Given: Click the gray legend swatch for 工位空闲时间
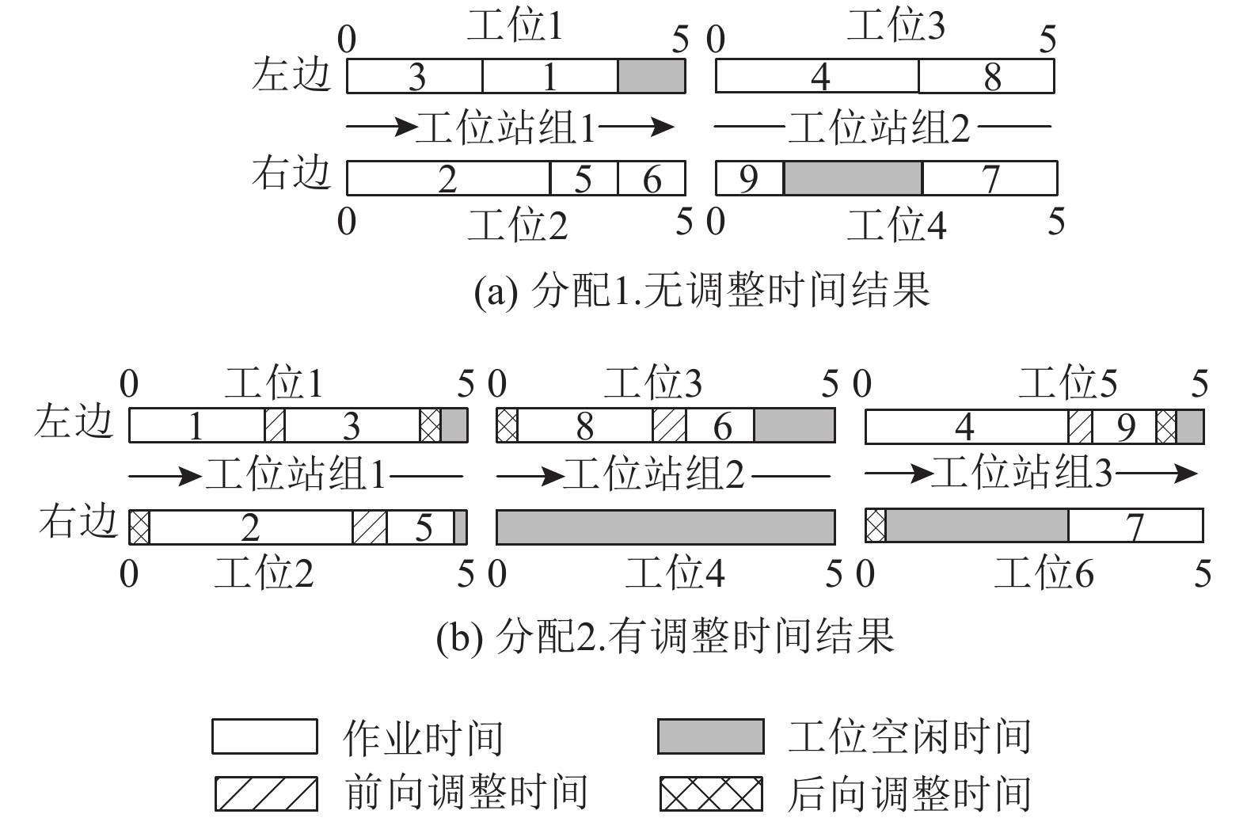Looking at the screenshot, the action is click(710, 736).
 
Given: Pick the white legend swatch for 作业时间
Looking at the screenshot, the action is click(264, 736).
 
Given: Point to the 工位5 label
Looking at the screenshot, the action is click(1067, 383).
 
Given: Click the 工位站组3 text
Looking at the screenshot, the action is click(1021, 474).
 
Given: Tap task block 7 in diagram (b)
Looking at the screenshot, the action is click(1135, 527).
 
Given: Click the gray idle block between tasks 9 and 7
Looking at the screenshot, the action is click(853, 178).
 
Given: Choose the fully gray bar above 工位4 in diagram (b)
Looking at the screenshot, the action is click(665, 527).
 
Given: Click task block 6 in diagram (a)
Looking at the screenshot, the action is click(651, 178).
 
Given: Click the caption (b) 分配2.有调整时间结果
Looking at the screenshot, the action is click(665, 635).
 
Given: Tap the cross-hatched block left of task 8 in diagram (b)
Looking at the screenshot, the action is click(507, 426).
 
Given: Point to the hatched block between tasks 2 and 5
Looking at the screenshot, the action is click(370, 527).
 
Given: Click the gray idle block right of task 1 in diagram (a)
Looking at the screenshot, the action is click(651, 77).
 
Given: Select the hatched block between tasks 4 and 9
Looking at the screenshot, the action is click(1080, 427).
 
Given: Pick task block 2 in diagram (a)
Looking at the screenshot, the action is click(448, 178).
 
